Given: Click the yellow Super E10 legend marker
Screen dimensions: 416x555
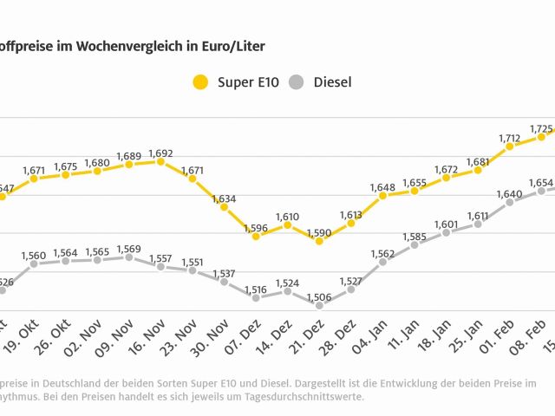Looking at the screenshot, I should point(200,83).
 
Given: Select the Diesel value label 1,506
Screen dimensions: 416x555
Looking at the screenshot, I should point(319,292).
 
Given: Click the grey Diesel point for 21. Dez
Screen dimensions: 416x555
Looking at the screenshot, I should point(319,305).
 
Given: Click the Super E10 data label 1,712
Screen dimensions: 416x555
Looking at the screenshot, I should point(510,136).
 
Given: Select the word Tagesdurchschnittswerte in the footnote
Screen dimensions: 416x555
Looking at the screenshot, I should point(304,397).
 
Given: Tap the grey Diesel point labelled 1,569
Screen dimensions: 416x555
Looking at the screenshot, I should point(128,257).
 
